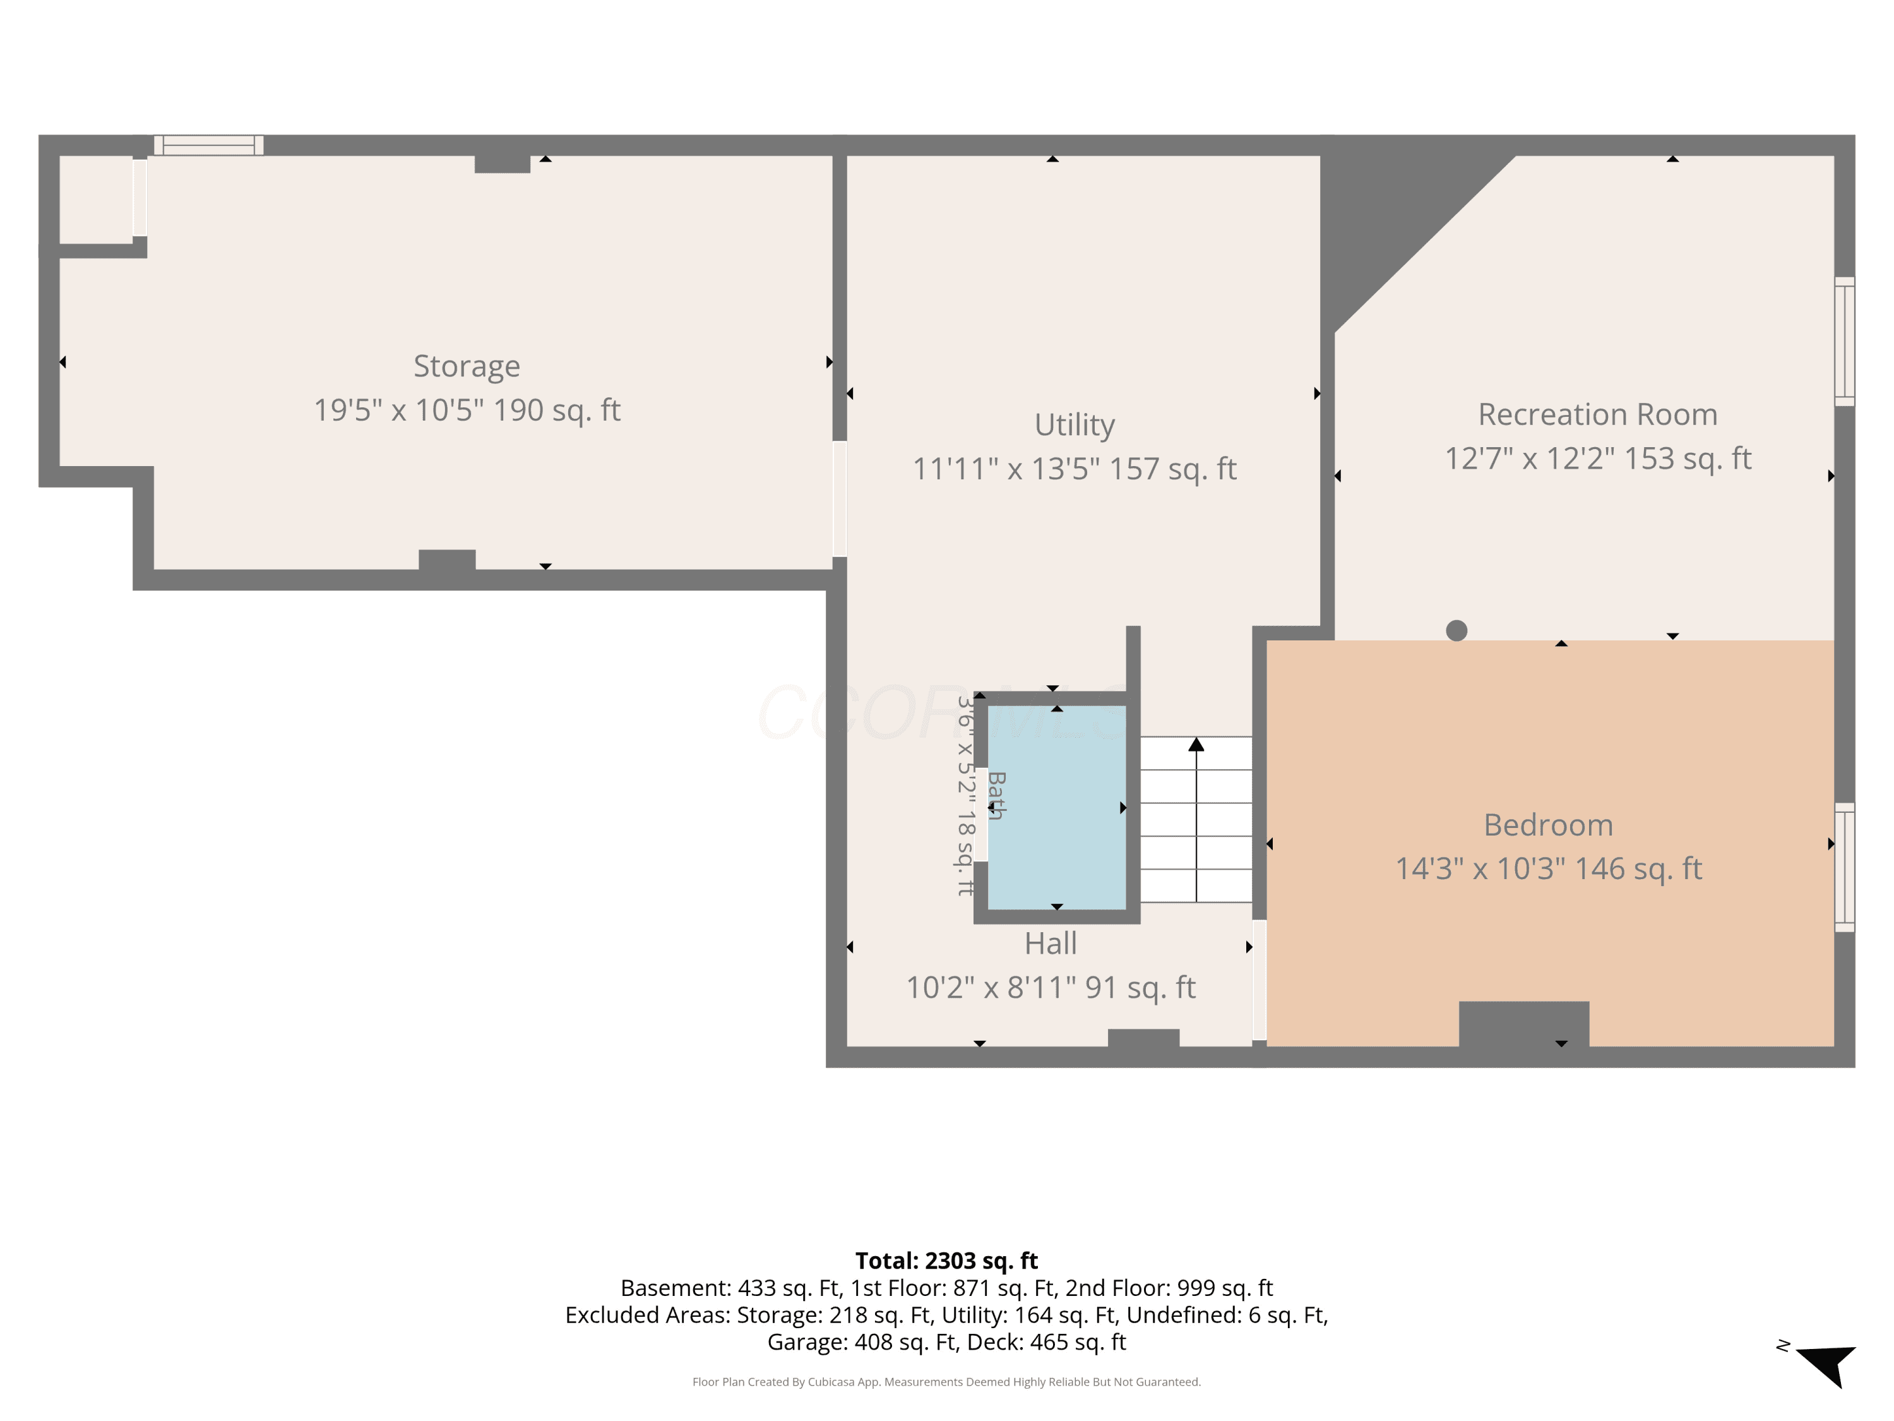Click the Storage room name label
click(467, 366)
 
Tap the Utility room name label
click(1075, 425)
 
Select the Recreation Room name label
click(1598, 414)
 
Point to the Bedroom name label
click(1548, 825)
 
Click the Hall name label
click(1051, 943)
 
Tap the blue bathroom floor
click(1057, 807)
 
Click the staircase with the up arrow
click(1196, 819)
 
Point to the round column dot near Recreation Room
click(1456, 630)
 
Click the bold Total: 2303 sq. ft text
click(946, 1261)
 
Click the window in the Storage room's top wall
click(209, 145)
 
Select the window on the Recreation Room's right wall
click(1844, 341)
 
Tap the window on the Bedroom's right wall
click(1844, 867)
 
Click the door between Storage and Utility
click(840, 498)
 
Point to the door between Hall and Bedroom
click(1260, 980)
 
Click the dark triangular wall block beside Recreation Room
click(1387, 214)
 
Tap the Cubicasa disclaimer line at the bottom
click(946, 1382)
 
